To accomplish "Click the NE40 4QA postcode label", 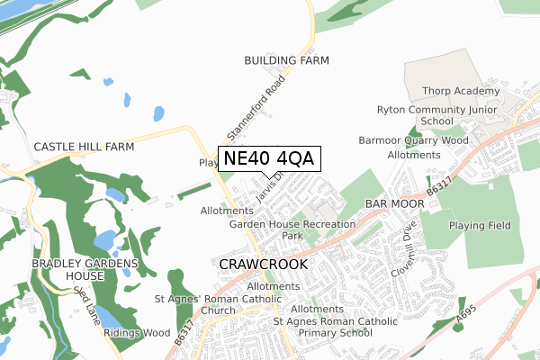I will point(268,158).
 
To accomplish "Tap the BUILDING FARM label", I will point(287,60).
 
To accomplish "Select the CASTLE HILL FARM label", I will point(84,146).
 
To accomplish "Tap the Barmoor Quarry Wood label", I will point(413,140).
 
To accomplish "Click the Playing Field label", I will point(480,225).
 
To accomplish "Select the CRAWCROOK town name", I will point(263,265).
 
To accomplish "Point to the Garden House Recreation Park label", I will point(292,229).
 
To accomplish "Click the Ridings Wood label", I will point(137,333).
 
